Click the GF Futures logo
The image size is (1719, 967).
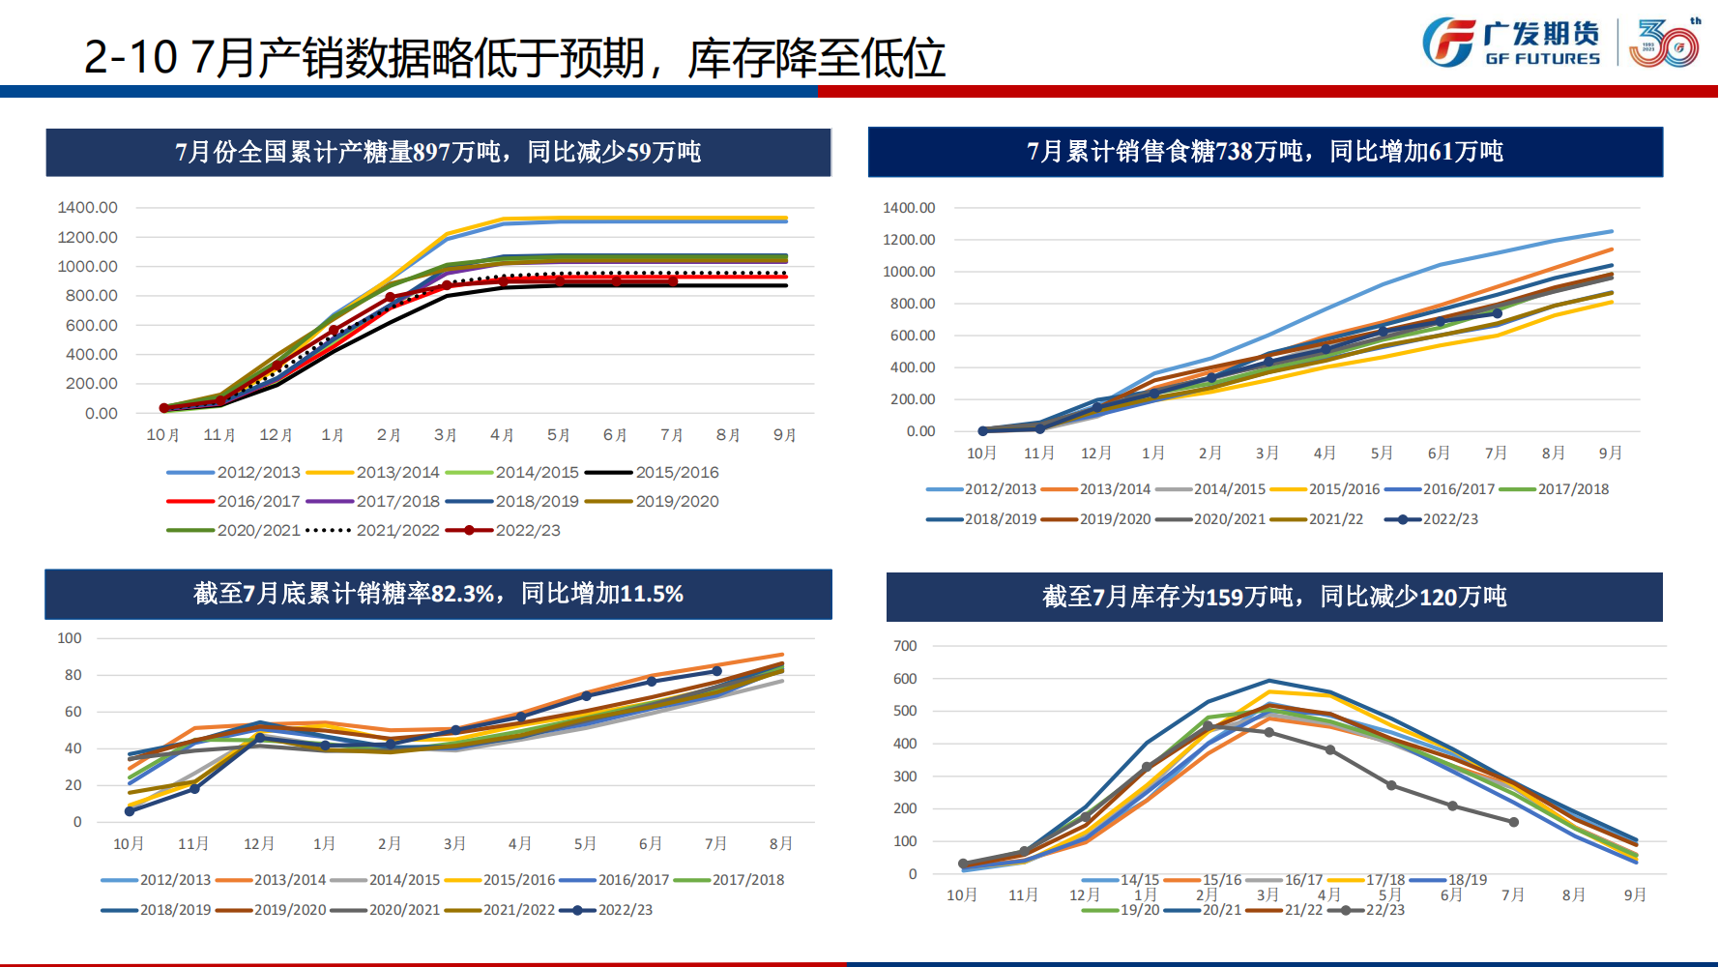pos(1511,44)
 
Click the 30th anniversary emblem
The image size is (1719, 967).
pos(1664,44)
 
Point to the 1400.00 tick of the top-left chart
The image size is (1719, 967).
pos(87,208)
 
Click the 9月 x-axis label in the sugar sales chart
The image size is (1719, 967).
pos(1610,454)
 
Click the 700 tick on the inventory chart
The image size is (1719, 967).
pos(905,646)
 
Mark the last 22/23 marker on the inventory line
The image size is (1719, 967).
pos(1513,822)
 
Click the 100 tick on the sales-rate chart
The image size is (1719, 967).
pos(70,638)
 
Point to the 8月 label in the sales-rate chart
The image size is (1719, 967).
pos(781,844)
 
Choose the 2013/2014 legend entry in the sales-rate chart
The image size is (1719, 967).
pos(289,880)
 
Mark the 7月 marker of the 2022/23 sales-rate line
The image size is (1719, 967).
pos(716,671)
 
